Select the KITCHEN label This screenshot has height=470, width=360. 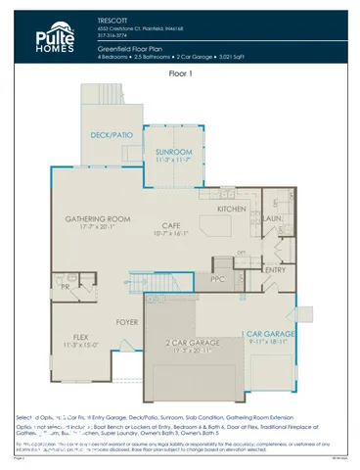[232, 210]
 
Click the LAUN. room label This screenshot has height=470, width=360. [273, 219]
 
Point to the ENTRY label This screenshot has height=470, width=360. [275, 270]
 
